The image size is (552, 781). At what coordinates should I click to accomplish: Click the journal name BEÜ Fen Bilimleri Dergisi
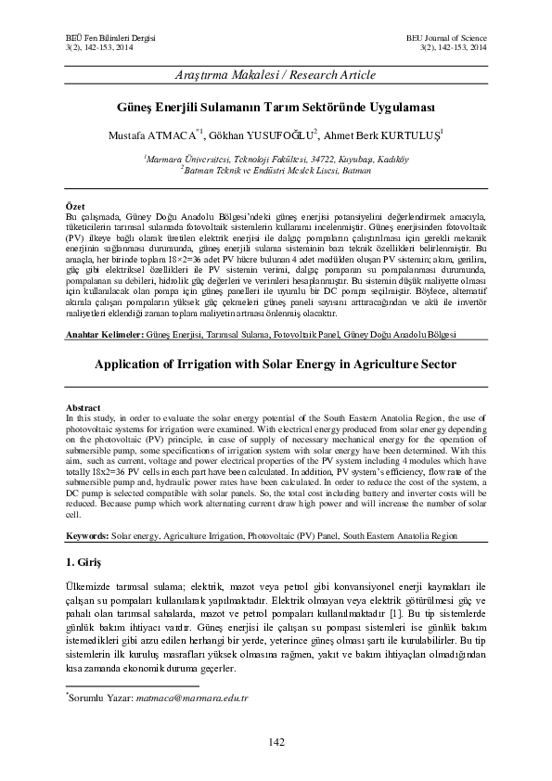91,34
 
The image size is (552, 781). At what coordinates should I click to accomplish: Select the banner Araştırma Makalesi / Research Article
276,73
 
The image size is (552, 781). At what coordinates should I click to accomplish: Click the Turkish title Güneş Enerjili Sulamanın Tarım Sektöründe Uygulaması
276,107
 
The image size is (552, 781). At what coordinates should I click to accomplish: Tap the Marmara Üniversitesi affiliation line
276,159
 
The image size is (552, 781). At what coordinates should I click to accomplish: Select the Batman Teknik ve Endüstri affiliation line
276,170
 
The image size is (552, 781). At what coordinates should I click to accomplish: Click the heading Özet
77,204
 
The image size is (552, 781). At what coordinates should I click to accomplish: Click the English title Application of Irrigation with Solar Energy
276,365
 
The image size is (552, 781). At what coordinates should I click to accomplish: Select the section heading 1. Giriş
87,564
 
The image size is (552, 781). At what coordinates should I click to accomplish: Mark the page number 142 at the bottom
276,740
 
